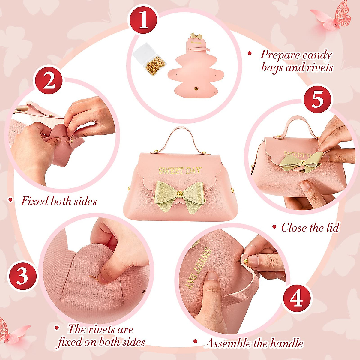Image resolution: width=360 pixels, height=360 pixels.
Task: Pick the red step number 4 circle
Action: (x=297, y=299)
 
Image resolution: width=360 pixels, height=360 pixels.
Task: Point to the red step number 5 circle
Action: (x=318, y=100)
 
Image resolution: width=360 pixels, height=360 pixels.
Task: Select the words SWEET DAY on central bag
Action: (x=180, y=170)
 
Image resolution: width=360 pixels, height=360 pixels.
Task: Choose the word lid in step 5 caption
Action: (x=331, y=228)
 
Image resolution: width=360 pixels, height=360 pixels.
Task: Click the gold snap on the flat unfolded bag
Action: (x=196, y=88)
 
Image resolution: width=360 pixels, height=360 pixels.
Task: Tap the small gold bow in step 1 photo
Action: (x=197, y=36)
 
